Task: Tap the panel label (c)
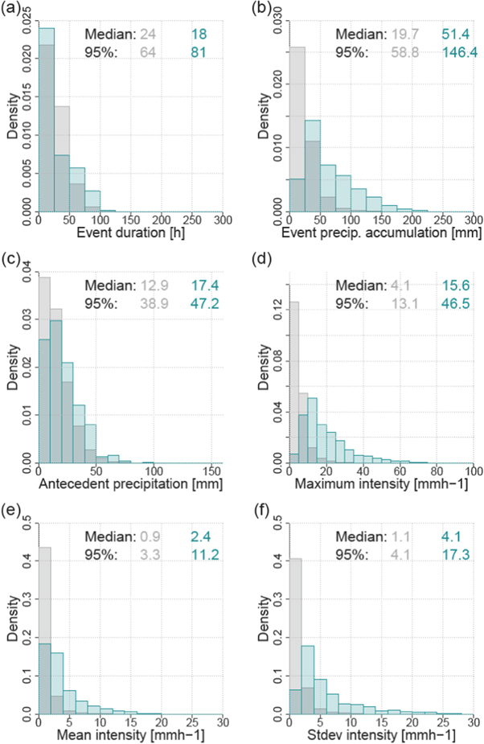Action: point(12,259)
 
